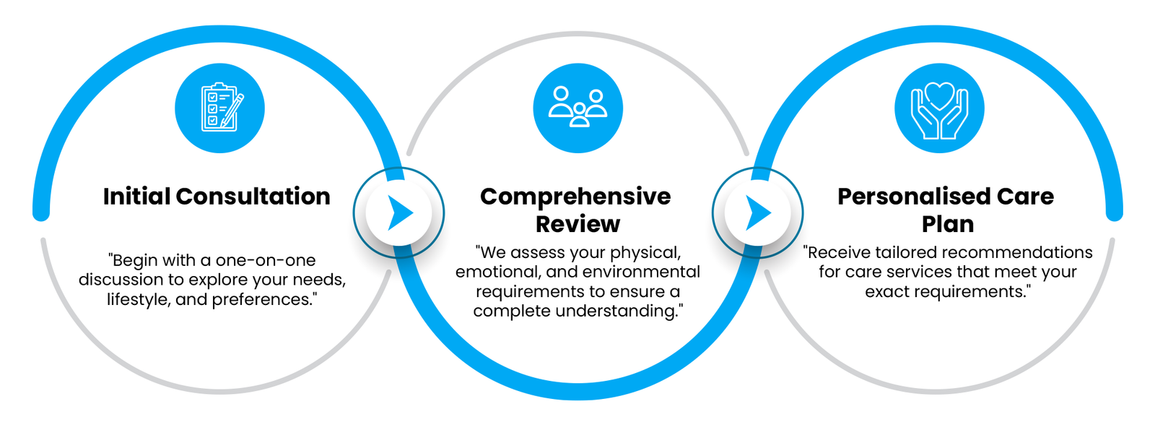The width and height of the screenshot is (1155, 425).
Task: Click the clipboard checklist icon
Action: (222, 108)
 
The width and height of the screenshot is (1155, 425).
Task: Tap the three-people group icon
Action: (578, 106)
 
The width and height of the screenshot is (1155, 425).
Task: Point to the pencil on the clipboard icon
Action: (232, 110)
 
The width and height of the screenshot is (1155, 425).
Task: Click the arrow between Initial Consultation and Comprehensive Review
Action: (401, 212)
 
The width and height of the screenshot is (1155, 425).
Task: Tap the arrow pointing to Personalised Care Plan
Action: (759, 212)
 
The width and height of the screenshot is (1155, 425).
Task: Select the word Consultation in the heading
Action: (253, 196)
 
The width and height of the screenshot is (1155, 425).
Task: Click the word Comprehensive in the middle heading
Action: (575, 197)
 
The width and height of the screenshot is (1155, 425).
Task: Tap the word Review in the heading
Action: (577, 224)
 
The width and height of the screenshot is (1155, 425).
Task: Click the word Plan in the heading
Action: (948, 225)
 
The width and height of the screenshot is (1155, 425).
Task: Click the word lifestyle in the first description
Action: (139, 299)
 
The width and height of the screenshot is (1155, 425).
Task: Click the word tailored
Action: (889, 252)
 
